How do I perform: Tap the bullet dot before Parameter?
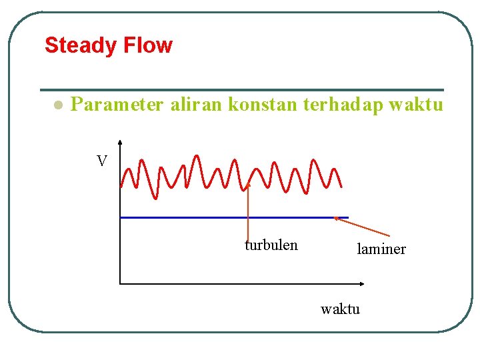[x=58, y=105]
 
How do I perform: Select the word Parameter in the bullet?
[x=117, y=105]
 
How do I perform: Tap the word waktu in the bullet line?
[x=415, y=105]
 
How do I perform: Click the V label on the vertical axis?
[x=101, y=161]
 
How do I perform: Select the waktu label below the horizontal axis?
[x=340, y=309]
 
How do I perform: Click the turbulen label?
[x=271, y=245]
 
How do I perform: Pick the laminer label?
[x=381, y=249]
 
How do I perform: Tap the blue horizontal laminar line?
[x=227, y=217]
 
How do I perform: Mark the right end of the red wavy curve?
[x=341, y=186]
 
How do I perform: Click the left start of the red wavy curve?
[x=122, y=184]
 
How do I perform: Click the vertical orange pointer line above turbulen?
[x=248, y=213]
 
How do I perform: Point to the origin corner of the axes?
[x=120, y=283]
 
